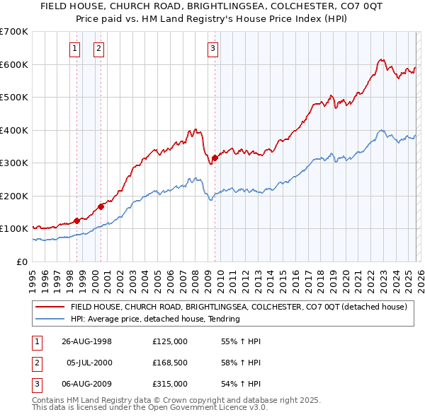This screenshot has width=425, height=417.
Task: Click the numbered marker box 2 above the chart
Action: pyautogui.click(x=98, y=49)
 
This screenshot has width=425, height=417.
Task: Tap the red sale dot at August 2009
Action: pyautogui.click(x=215, y=158)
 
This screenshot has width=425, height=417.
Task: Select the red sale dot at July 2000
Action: pyautogui.click(x=101, y=206)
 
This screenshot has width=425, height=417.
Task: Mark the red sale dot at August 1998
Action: pyautogui.click(x=77, y=221)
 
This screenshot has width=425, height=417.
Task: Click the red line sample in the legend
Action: pyautogui.click(x=50, y=307)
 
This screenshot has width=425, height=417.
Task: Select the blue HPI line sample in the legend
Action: pyautogui.click(x=50, y=319)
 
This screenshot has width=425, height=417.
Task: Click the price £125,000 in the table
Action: pyautogui.click(x=170, y=341)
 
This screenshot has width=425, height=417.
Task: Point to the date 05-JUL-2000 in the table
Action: pyautogui.click(x=89, y=363)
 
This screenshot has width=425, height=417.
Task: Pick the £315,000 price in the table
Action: pyautogui.click(x=170, y=384)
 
